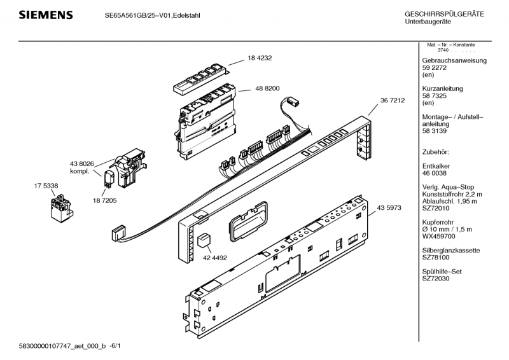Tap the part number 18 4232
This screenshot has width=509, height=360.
pyautogui.click(x=260, y=58)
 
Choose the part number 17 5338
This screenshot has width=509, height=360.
pyautogui.click(x=46, y=185)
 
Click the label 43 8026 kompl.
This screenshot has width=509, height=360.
pyautogui.click(x=81, y=168)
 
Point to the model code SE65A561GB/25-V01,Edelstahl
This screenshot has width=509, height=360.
pyautogui.click(x=152, y=15)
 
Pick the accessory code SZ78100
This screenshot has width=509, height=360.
pyautogui.click(x=436, y=258)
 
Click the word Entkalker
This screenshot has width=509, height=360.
pyautogui.click(x=436, y=165)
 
